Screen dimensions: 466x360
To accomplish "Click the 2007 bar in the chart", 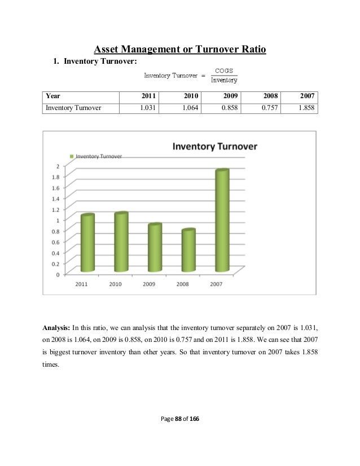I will click(x=222, y=220).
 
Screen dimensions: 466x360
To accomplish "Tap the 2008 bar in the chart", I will click(x=188, y=250).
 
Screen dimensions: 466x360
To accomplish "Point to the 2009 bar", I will click(x=154, y=248).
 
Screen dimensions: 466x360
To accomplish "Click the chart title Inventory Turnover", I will click(x=214, y=146).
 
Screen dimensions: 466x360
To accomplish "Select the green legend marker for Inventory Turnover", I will click(x=71, y=156).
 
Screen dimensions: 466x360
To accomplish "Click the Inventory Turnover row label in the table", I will click(x=73, y=107).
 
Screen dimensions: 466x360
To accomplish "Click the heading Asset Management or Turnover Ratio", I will click(x=179, y=51).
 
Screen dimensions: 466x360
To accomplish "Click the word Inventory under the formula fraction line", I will click(x=224, y=80).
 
